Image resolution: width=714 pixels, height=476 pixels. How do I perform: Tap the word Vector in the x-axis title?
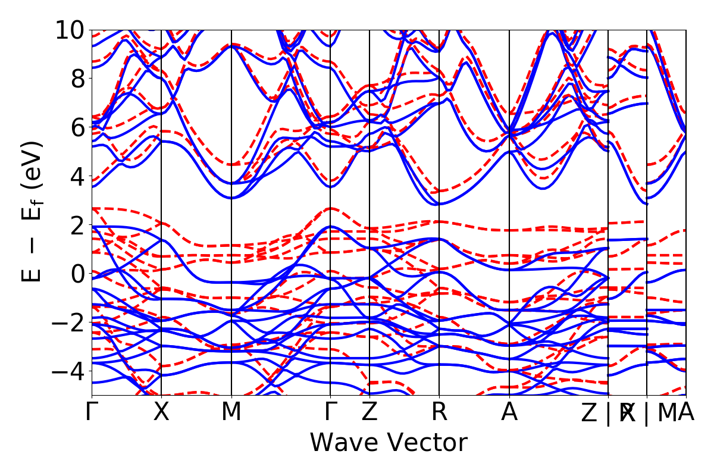[x=427, y=443]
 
